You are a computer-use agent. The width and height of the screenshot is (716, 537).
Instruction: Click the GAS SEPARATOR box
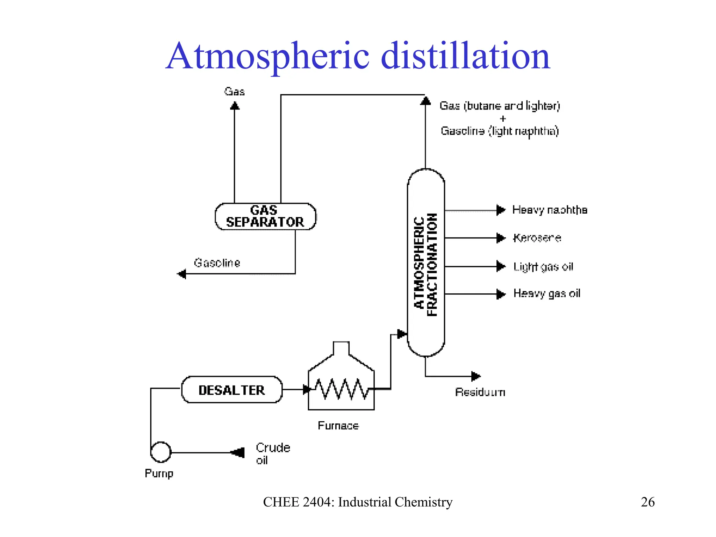tap(265, 216)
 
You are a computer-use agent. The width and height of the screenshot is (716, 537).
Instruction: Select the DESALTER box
tap(231, 390)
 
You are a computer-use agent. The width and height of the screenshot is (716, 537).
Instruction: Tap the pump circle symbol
tap(161, 452)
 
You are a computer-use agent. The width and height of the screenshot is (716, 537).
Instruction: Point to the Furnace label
tap(338, 425)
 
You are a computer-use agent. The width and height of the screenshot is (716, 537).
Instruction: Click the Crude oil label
tap(272, 453)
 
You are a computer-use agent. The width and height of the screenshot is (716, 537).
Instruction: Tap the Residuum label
tap(480, 392)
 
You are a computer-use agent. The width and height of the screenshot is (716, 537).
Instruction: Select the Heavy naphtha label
tap(549, 210)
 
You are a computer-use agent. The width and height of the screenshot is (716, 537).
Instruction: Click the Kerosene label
tap(537, 238)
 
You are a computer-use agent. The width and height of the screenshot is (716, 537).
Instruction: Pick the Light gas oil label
tap(543, 267)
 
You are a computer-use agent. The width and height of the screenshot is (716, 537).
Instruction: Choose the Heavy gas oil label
tap(546, 293)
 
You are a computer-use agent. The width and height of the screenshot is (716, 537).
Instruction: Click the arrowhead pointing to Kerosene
tap(501, 238)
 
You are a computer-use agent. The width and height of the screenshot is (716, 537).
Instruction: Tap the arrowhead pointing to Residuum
tap(476, 376)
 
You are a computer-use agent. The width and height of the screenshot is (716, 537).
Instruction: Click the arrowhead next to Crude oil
tap(238, 452)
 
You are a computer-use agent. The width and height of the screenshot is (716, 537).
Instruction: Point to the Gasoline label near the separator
tap(217, 263)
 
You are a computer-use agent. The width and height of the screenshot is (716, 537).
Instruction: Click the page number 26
tap(647, 502)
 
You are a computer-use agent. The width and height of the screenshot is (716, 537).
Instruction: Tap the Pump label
tap(159, 473)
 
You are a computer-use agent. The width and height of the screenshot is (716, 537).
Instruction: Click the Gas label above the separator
tap(234, 92)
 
